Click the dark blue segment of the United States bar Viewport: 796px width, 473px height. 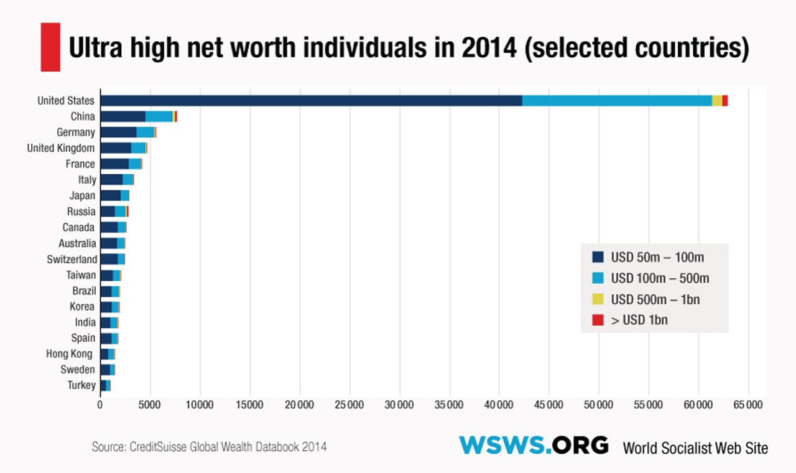click(311, 101)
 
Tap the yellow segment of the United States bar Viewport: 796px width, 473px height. click(717, 101)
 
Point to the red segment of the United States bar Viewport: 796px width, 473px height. click(725, 101)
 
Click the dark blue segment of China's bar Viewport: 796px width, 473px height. click(123, 116)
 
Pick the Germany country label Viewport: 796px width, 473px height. click(76, 133)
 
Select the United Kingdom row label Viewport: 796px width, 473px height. click(61, 148)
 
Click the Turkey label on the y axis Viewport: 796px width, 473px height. click(81, 385)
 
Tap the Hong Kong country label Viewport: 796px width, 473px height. click(69, 354)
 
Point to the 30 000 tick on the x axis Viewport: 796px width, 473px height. click(399, 405)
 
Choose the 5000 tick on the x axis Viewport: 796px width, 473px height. click(149, 405)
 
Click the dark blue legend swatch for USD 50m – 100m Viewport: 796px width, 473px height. click(598, 257)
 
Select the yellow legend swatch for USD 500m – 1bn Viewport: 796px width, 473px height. click(598, 299)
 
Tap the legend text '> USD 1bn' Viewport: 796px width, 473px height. click(639, 321)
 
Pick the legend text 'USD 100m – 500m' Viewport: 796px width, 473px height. click(660, 278)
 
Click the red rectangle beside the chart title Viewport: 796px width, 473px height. click(50, 47)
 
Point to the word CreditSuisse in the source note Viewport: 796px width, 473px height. click(156, 447)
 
